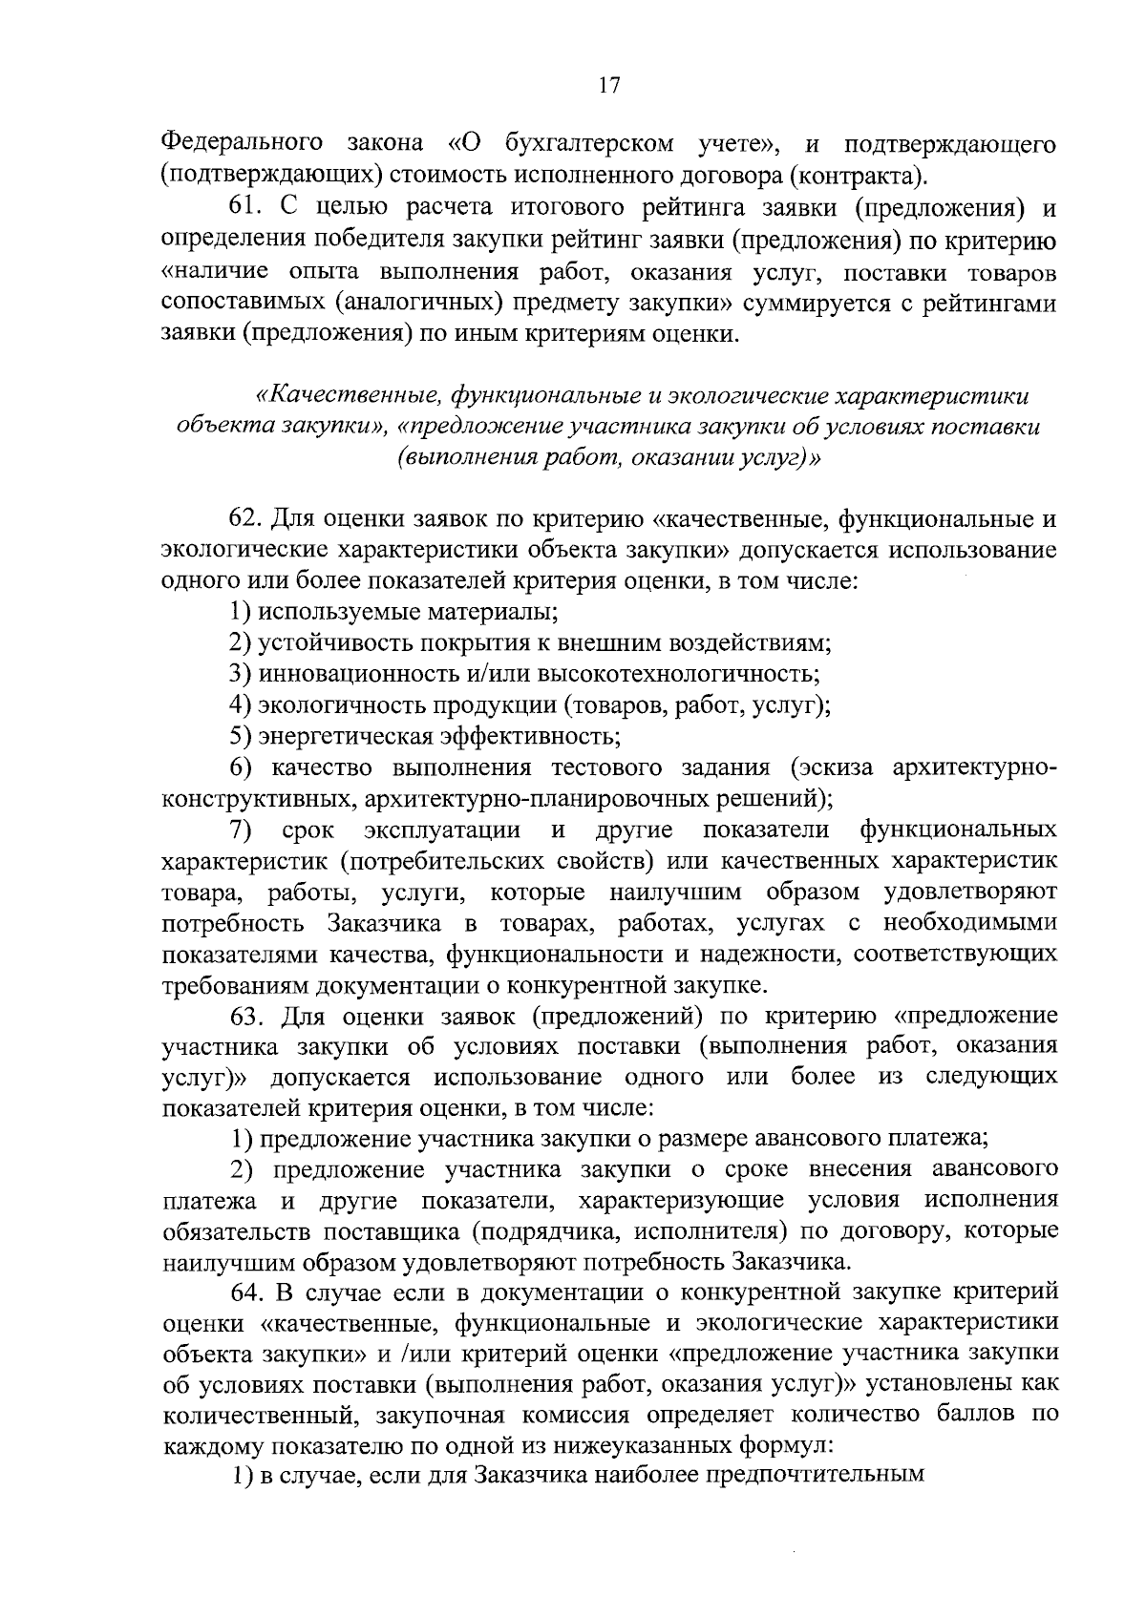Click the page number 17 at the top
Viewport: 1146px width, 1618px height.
point(609,86)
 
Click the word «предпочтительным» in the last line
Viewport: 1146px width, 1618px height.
point(814,1477)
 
